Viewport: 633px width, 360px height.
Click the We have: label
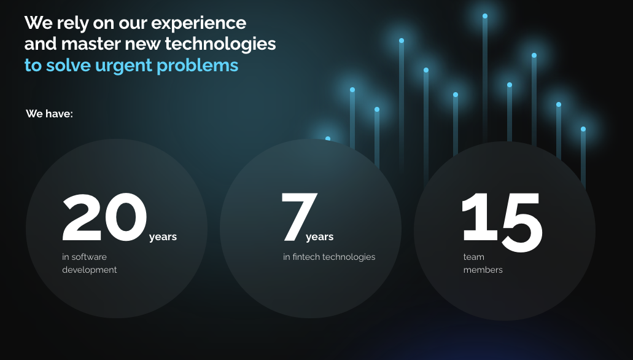click(x=49, y=114)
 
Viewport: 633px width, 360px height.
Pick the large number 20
click(x=104, y=217)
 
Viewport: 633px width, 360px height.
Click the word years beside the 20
click(x=163, y=237)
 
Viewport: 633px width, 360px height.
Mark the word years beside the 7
click(x=320, y=237)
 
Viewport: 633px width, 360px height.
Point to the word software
click(x=89, y=257)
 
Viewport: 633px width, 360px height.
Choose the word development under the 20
click(x=89, y=270)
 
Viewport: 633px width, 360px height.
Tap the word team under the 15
click(x=473, y=257)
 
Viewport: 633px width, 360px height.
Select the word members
click(x=483, y=270)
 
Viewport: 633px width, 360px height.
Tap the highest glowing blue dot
click(x=485, y=16)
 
